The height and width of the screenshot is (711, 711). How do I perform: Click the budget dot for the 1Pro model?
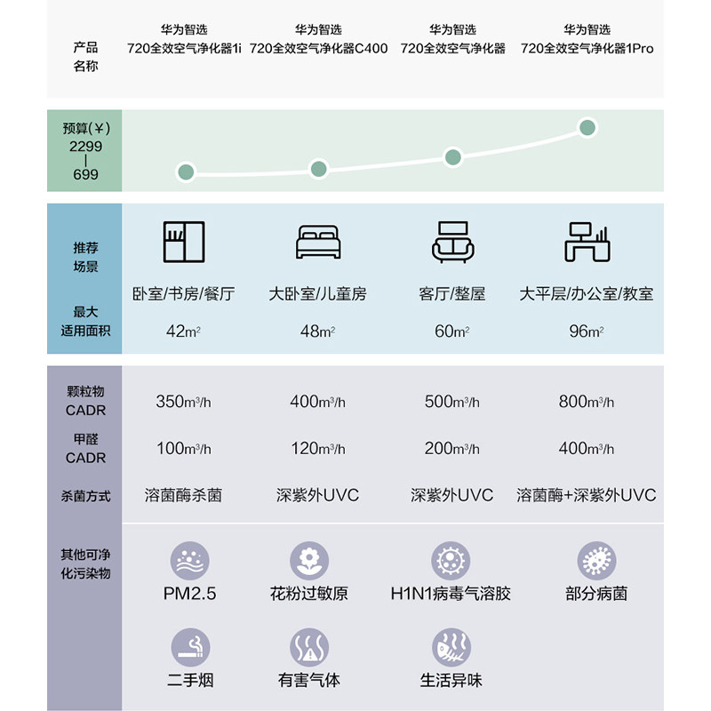[587, 128]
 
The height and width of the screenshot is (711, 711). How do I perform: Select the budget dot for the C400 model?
[318, 169]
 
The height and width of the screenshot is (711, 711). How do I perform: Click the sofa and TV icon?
[452, 242]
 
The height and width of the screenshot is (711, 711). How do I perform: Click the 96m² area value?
[587, 332]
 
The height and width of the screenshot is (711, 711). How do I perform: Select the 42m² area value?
[184, 332]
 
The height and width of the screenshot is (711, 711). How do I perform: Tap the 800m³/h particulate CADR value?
[587, 402]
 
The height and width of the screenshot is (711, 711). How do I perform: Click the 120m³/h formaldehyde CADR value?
[318, 449]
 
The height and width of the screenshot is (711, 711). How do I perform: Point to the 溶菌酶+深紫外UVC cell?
[587, 495]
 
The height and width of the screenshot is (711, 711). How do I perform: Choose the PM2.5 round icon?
[190, 561]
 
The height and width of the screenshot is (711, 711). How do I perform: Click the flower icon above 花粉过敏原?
[309, 561]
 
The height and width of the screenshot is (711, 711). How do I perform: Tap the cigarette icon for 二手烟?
[190, 648]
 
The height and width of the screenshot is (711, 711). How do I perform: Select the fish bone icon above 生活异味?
[451, 648]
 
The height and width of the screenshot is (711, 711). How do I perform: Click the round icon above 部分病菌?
[595, 561]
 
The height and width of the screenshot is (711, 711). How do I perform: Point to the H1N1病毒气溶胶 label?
[451, 593]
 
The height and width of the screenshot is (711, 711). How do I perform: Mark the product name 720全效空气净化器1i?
[184, 49]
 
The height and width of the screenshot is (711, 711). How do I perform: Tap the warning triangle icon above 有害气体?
[309, 648]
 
